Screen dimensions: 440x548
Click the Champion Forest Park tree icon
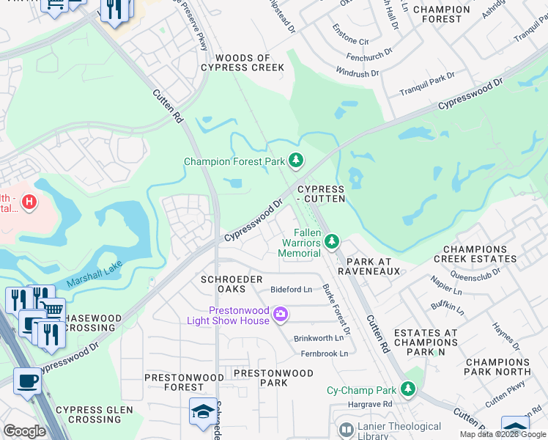(x=295, y=160)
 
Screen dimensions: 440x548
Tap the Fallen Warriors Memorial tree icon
(x=332, y=241)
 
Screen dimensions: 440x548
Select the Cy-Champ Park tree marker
(x=410, y=390)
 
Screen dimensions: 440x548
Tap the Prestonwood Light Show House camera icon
(x=280, y=315)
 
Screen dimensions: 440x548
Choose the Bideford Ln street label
(x=291, y=290)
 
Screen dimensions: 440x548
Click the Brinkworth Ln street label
(x=319, y=338)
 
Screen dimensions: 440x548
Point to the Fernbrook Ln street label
(x=324, y=353)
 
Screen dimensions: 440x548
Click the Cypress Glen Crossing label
(x=95, y=415)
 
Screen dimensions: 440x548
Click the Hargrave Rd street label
(x=370, y=404)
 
